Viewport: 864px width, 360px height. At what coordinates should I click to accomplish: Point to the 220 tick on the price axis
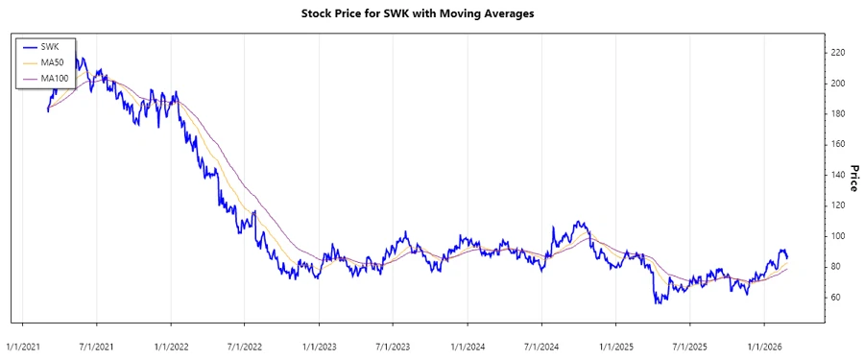click(x=839, y=53)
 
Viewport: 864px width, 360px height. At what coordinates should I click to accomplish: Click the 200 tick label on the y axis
click(x=839, y=84)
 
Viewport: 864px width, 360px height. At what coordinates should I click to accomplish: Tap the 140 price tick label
click(x=839, y=175)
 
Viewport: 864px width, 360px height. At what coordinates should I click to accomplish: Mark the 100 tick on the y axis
click(x=839, y=236)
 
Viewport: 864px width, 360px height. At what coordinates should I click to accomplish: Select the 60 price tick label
click(x=837, y=297)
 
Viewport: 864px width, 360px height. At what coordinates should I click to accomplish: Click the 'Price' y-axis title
click(x=852, y=178)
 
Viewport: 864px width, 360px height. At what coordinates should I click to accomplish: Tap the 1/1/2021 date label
click(x=23, y=345)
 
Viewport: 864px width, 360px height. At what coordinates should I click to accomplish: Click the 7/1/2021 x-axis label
click(x=97, y=345)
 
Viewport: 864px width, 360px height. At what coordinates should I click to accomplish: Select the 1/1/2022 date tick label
click(x=171, y=345)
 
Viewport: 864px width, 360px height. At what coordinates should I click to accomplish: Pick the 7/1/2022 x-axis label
click(x=245, y=345)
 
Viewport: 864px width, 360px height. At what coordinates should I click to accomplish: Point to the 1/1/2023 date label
click(x=319, y=345)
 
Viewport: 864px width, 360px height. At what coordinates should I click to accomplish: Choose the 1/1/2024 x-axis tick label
click(x=467, y=345)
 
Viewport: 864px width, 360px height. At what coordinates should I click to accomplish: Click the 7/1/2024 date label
click(x=540, y=345)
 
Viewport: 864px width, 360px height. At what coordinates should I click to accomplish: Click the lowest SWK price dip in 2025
click(x=657, y=303)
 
